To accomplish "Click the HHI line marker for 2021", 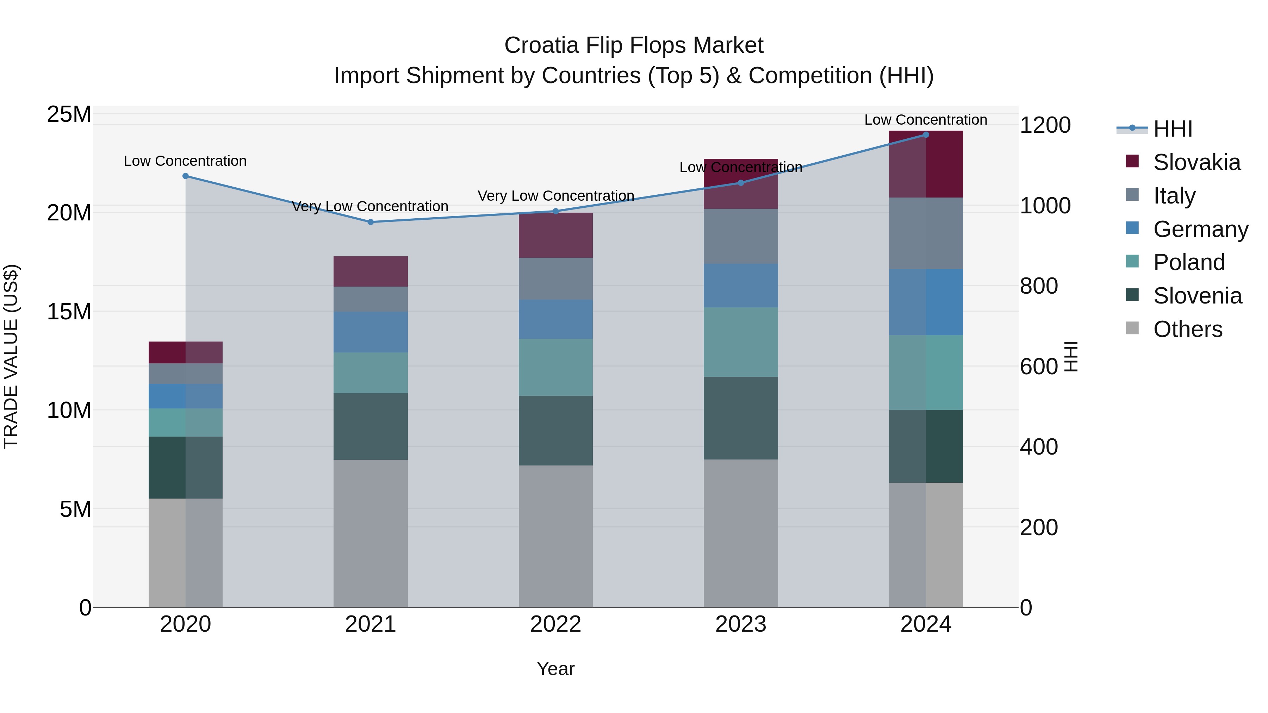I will [371, 222].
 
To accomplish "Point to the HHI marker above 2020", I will [186, 176].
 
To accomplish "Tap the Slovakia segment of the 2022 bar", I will [556, 235].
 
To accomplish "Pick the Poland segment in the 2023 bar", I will [741, 342].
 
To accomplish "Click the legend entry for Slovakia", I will [1196, 162].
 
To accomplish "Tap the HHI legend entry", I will [1172, 129].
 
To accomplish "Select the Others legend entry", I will [1187, 329].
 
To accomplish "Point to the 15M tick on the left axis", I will [69, 312].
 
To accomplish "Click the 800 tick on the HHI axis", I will [1039, 286].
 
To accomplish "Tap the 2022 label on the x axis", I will [556, 624].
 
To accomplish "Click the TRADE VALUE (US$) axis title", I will [11, 356].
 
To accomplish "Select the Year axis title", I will [556, 669].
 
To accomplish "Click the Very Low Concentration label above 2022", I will [556, 196].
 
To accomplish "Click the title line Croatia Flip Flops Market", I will [634, 45].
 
